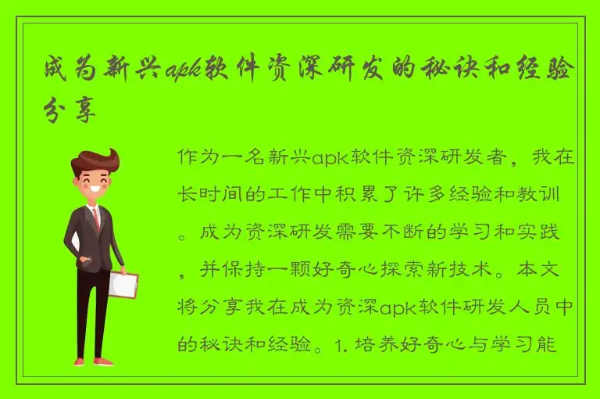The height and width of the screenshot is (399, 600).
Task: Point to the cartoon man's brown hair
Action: coord(95,160)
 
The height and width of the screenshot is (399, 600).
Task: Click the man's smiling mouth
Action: coord(98,190)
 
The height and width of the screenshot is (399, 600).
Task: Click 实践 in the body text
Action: coord(555,232)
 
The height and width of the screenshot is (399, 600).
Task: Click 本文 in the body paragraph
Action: coord(555,270)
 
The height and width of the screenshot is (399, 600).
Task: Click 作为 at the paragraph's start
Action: coord(195,157)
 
